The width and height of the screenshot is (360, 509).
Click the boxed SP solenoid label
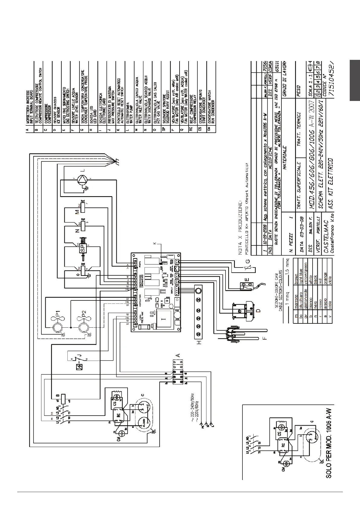click(x=83, y=248)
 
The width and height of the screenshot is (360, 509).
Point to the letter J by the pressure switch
click(x=79, y=355)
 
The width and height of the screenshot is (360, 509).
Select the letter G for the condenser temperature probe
click(x=248, y=261)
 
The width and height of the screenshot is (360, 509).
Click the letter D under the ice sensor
click(x=258, y=310)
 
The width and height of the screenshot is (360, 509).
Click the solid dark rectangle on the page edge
click(x=355, y=80)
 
